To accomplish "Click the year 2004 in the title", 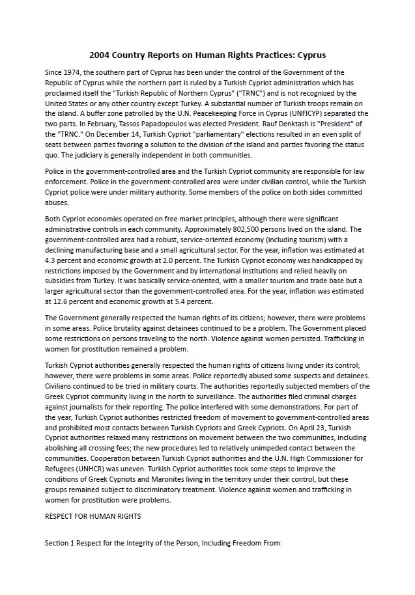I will click(100, 55).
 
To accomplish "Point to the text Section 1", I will click(60, 542).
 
